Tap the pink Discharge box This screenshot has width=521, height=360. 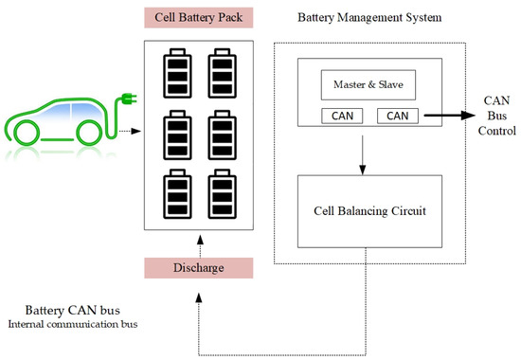(198, 267)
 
